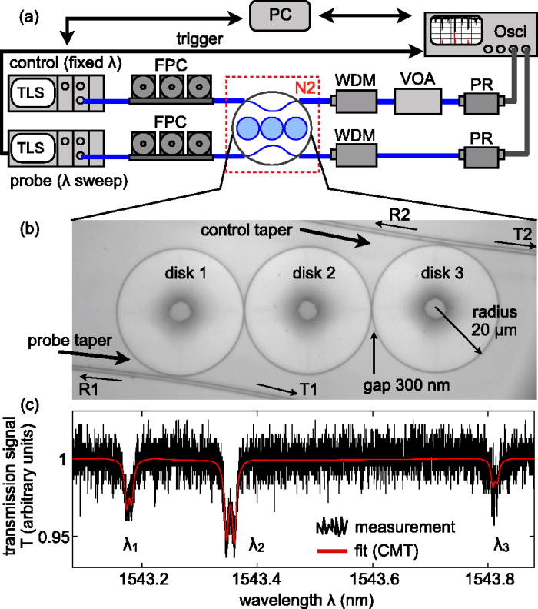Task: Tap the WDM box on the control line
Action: tap(354, 101)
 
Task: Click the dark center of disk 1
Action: tap(181, 310)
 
